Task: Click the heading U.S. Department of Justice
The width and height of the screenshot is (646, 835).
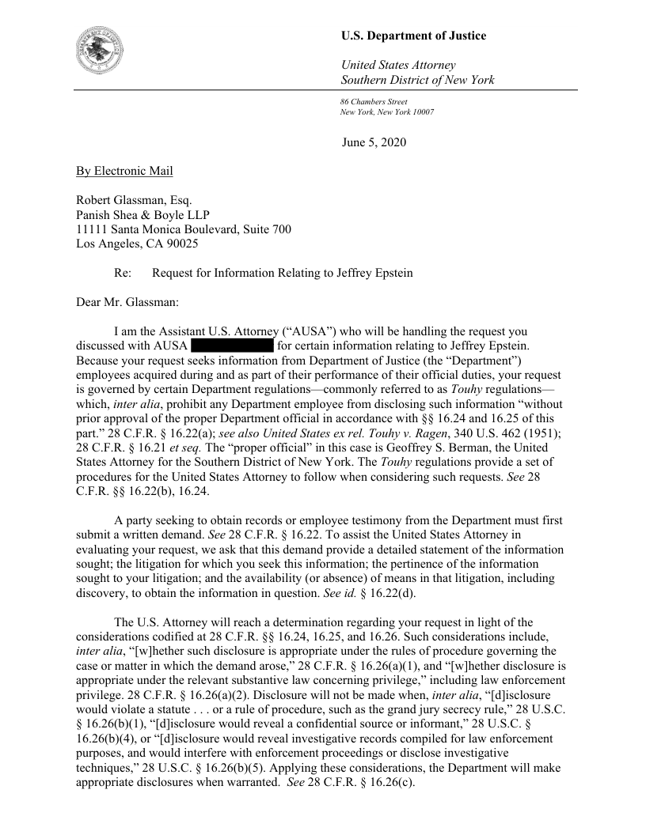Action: point(413,36)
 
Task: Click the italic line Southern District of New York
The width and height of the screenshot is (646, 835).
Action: point(417,80)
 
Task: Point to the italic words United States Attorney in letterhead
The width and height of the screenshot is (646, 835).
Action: point(397,65)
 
